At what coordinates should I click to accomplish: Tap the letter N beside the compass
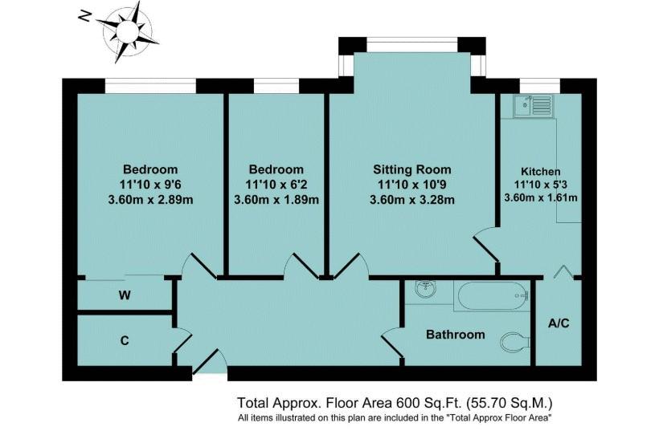point(85,17)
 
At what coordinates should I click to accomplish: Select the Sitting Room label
point(411,169)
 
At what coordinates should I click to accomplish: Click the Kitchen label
point(540,172)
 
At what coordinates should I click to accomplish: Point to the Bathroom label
point(456,335)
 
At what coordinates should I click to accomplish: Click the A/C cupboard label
point(559,323)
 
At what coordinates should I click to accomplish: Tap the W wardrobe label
point(125,295)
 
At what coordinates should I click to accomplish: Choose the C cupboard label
point(125,340)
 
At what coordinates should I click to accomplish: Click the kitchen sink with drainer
point(534,106)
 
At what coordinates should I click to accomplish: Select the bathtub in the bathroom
point(492,296)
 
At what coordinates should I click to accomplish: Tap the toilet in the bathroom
point(515,342)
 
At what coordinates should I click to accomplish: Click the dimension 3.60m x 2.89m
point(150,200)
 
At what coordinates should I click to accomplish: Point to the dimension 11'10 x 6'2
point(276,185)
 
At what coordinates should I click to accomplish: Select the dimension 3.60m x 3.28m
point(411,200)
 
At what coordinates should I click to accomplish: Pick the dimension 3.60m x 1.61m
point(540,197)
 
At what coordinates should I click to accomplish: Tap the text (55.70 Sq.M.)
point(510,403)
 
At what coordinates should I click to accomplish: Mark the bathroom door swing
point(391,343)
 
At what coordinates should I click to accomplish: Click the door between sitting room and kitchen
point(485,246)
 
